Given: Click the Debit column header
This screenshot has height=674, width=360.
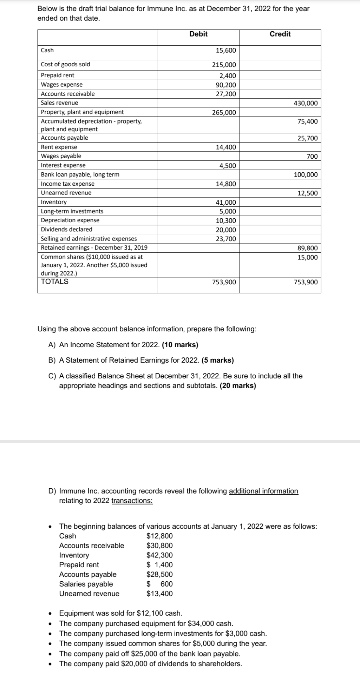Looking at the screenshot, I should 198,34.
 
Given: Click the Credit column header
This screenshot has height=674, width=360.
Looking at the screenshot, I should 280,34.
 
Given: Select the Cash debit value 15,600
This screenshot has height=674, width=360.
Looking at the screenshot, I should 225,51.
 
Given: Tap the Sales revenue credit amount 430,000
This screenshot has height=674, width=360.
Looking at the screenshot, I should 305,103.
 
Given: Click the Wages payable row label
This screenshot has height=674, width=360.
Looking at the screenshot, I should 61,156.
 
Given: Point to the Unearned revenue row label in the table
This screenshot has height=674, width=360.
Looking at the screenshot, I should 66,193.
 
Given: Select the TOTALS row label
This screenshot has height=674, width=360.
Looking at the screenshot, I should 54,282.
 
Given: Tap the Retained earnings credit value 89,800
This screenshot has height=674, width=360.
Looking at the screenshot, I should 307,248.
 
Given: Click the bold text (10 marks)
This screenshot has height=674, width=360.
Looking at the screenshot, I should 180,345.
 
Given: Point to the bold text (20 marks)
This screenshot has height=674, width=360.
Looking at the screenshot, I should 238,386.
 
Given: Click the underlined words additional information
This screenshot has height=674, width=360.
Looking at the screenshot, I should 263,491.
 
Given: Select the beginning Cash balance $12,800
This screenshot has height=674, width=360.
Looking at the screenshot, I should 159,536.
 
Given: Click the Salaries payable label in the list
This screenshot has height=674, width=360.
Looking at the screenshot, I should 86,584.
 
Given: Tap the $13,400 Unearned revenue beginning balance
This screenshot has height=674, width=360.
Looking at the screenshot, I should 159,594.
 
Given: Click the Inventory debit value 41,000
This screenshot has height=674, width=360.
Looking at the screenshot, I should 225,203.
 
